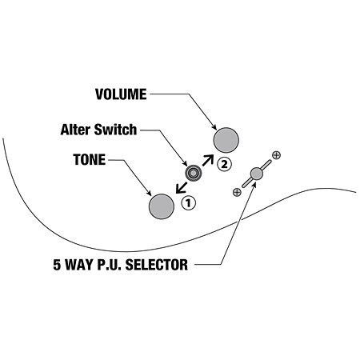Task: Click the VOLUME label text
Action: click(121, 94)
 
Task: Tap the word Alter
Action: click(76, 130)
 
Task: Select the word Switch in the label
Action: click(115, 130)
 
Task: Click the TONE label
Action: click(90, 159)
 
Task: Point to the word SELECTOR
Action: click(157, 265)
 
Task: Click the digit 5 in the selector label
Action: click(57, 265)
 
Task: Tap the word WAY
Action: click(78, 265)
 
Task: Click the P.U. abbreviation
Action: click(108, 265)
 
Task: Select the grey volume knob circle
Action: click(226, 140)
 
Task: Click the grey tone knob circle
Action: click(162, 206)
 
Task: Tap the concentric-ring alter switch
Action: click(193, 173)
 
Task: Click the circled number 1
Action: click(188, 203)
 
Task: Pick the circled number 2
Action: click(224, 164)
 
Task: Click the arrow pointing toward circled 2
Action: click(208, 160)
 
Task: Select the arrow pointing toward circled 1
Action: click(182, 188)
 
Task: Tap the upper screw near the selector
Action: click(276, 155)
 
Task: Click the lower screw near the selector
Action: click(237, 192)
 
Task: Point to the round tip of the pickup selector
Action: click(257, 174)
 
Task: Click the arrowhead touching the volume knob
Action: click(214, 127)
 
